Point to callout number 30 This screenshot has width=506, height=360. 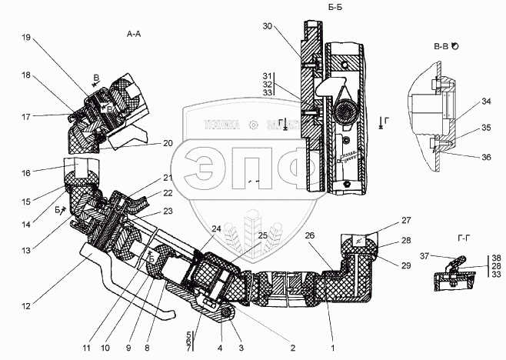tap(267, 26)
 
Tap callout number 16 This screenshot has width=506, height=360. tap(26, 174)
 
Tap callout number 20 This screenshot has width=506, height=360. tap(168, 144)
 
